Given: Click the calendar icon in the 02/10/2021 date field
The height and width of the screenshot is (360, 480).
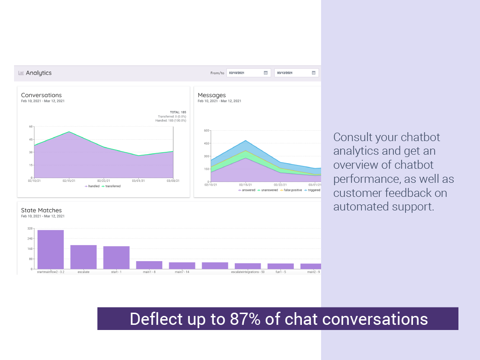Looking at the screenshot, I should [265, 73].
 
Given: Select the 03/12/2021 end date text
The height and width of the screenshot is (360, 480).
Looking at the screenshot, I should [285, 73].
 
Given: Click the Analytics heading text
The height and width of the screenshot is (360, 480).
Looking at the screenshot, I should [38, 73].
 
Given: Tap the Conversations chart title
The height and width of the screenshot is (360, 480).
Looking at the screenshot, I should [41, 95].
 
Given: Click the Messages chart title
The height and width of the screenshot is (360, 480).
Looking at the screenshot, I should [211, 95].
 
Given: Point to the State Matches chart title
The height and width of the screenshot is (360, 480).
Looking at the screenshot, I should [41, 210].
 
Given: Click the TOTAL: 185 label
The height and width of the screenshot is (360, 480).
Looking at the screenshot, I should [178, 112].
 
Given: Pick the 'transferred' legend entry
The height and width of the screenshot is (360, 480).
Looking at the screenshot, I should [111, 186].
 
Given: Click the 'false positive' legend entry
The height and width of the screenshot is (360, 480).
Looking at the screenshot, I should [293, 190].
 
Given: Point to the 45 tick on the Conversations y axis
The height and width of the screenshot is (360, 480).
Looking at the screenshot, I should [30, 139].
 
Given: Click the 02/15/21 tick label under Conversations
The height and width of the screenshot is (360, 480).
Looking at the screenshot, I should [69, 181].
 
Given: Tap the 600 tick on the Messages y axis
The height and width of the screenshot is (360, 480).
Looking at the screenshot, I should [207, 130].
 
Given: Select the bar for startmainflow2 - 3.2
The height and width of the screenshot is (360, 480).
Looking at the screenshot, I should [51, 249].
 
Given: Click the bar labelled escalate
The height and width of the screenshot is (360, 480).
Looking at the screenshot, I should [83, 257].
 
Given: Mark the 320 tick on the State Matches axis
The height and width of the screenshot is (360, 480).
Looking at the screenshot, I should [30, 229].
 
